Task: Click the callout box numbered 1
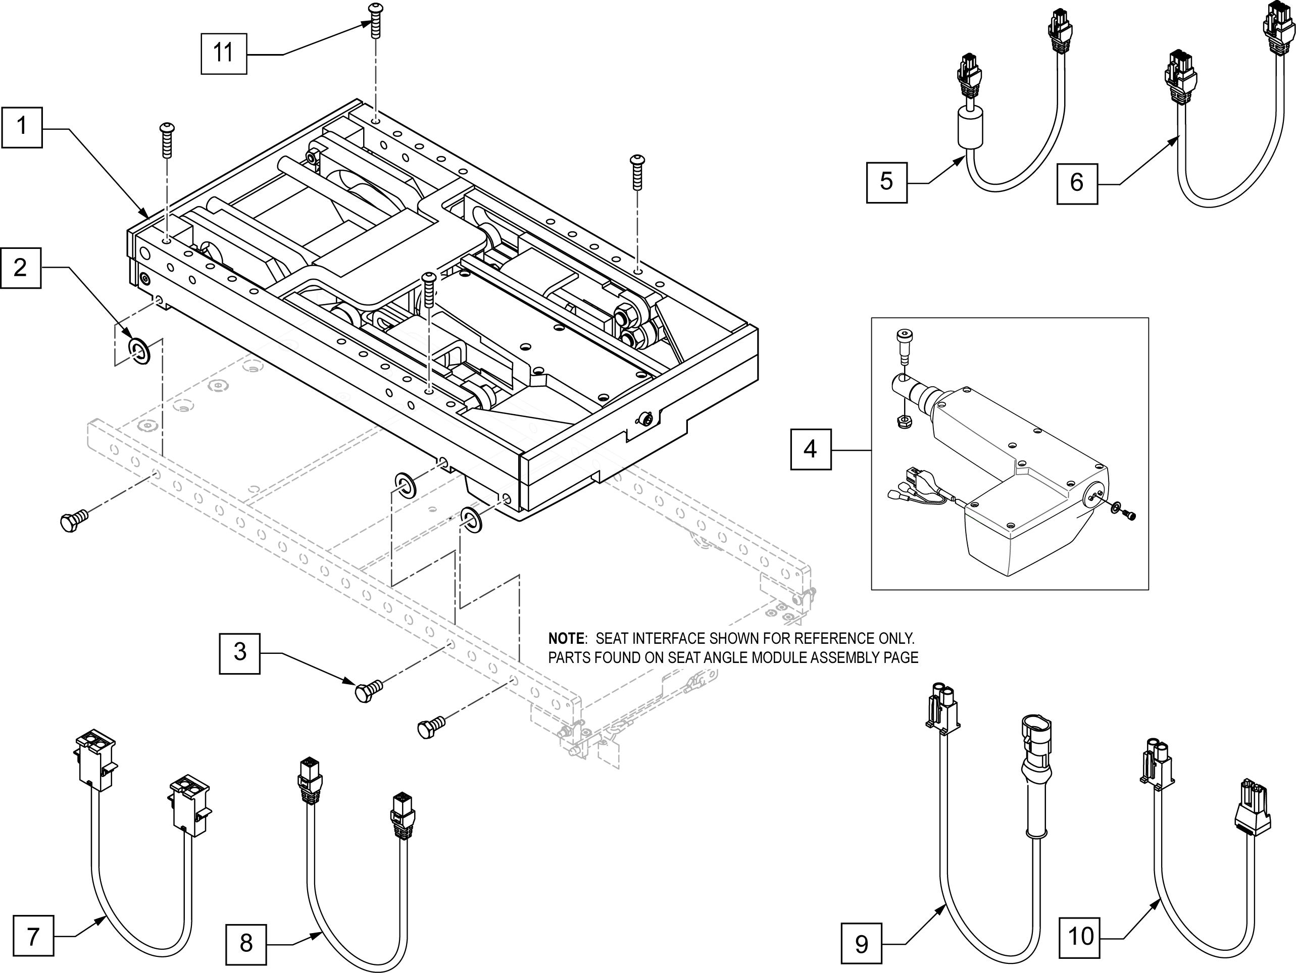point(22,127)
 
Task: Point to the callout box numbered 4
point(811,449)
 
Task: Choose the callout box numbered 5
point(886,182)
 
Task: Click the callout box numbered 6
point(1077,183)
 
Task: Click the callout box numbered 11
point(224,54)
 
